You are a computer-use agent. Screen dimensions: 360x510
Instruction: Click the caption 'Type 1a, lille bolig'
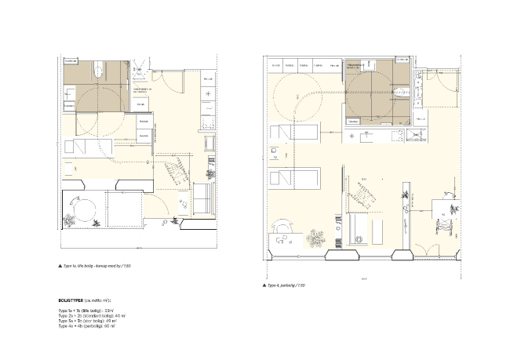click(94, 267)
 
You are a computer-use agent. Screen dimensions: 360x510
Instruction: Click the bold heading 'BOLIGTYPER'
click(75, 300)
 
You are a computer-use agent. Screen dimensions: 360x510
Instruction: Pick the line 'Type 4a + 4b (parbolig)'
click(86, 325)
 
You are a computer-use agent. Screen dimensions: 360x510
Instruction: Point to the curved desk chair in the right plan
click(283, 224)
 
